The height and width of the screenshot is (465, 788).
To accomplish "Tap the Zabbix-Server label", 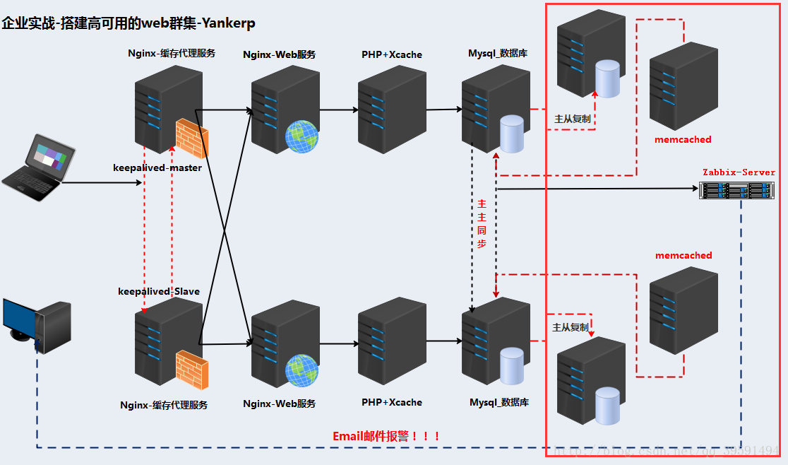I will point(739,172).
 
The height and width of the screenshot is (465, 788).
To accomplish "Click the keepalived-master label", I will point(157,168).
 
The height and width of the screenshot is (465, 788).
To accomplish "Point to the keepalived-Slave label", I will point(159,291).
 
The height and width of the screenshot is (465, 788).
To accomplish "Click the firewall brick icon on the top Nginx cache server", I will point(191,139).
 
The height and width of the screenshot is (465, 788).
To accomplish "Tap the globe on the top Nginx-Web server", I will point(302,136).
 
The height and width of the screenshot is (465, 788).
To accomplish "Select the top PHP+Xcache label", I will point(392,54).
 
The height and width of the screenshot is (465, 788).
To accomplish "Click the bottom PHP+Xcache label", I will point(392,402).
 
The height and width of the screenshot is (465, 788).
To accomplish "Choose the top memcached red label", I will point(683,140).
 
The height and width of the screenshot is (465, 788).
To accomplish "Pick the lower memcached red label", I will point(683,255).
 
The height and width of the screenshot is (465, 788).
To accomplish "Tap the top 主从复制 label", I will point(573,119).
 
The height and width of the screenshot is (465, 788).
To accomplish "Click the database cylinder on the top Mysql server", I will point(512,134).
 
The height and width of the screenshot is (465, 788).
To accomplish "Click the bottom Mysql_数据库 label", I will point(499,402).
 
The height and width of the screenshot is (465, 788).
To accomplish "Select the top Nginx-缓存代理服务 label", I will point(172,53).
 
